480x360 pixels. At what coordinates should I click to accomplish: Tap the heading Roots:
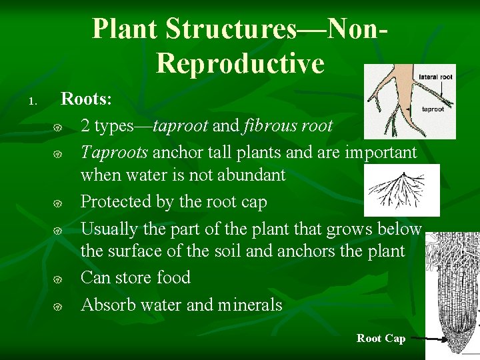(87, 99)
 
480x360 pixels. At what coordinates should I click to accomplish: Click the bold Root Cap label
(381, 339)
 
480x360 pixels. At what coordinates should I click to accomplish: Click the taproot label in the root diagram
(433, 109)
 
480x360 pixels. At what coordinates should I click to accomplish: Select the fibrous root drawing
(403, 190)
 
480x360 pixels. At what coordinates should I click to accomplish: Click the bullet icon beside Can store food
(58, 279)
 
